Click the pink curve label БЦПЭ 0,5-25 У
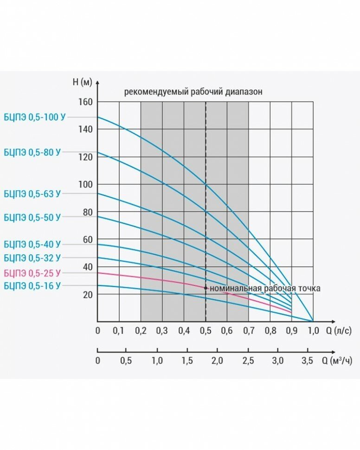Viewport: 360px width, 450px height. tap(32, 273)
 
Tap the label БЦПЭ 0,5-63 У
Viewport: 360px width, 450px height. tap(32, 194)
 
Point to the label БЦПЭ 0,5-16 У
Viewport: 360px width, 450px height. tap(32, 286)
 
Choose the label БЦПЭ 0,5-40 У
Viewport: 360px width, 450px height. tap(32, 244)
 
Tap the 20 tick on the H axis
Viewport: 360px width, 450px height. tap(88, 295)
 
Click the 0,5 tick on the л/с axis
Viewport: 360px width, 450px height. tap(206, 331)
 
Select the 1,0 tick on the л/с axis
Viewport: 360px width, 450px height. tap(313, 331)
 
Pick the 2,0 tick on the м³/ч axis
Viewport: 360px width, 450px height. tap(217, 360)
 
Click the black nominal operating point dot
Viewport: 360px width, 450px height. tap(206, 288)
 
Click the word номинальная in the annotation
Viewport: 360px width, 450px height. tap(232, 289)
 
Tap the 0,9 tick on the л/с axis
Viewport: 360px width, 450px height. tap(292, 331)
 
